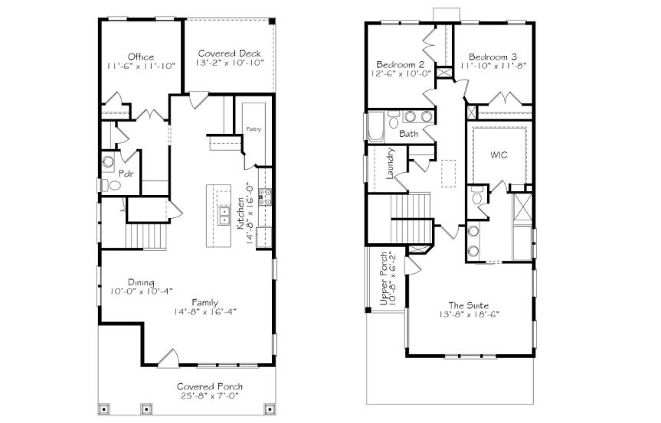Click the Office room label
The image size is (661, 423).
(141, 57)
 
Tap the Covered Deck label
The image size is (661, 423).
(229, 54)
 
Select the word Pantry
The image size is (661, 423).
(254, 129)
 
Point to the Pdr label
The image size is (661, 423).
(126, 173)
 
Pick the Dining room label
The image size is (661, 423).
(141, 282)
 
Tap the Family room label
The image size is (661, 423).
(205, 302)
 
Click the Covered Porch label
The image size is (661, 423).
(210, 386)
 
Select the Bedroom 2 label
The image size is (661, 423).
(400, 64)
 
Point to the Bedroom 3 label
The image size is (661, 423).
(492, 57)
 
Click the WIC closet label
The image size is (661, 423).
(499, 155)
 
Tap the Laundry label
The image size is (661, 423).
(390, 163)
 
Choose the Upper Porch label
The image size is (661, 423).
(384, 279)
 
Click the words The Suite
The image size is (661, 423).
(468, 305)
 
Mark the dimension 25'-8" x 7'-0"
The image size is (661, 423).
(210, 395)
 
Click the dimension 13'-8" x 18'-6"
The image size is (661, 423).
(469, 314)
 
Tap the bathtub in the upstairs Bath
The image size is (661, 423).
(376, 126)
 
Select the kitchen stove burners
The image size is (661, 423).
(265, 197)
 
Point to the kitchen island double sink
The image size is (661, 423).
(224, 216)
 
